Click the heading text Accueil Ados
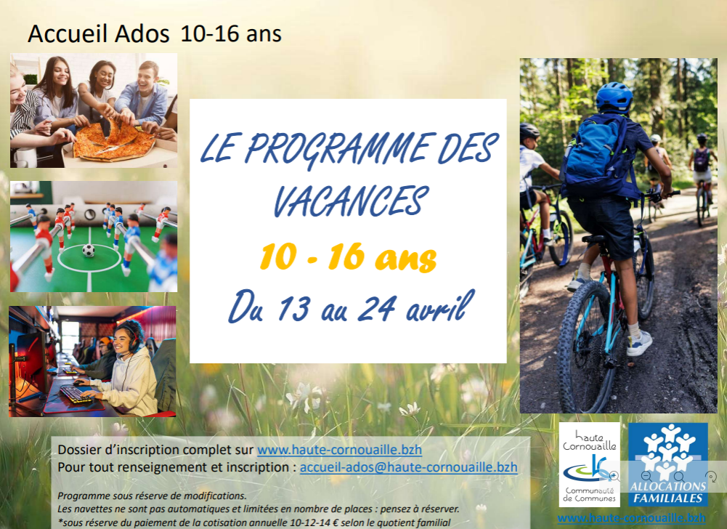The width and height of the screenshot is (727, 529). (99, 34)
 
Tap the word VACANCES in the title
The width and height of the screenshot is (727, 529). (350, 201)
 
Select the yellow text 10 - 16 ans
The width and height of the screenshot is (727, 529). (348, 257)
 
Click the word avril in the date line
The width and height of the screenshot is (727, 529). (440, 307)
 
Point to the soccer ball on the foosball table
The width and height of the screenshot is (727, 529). (88, 251)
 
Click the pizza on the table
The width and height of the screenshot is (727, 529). (114, 140)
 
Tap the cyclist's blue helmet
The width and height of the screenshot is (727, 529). (614, 97)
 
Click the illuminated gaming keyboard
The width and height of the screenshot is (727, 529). (76, 394)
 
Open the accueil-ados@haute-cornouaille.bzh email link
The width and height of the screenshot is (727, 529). (408, 467)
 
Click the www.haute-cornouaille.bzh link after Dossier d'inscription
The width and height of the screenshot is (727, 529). (339, 450)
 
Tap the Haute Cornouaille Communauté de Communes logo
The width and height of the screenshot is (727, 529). (589, 464)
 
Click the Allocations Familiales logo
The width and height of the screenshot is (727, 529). (668, 464)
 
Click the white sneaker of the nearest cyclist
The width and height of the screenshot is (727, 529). (639, 344)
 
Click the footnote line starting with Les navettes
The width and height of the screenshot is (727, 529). (259, 509)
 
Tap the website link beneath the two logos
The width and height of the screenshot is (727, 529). (631, 518)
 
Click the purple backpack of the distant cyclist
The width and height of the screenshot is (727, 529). (701, 159)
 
